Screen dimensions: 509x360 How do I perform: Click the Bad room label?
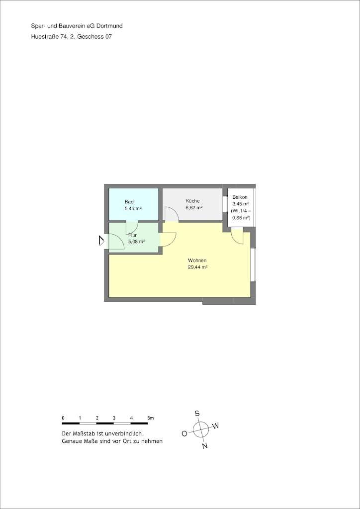tap(129, 202)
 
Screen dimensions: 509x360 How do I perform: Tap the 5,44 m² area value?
tap(133, 209)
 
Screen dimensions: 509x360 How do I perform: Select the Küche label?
tap(193, 201)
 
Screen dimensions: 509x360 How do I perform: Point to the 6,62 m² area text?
tap(194, 208)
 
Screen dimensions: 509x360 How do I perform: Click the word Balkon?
tap(240, 197)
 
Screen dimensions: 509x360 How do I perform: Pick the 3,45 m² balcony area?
tap(241, 204)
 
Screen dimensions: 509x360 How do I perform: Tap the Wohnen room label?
tap(197, 260)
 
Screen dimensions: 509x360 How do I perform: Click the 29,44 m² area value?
tap(197, 267)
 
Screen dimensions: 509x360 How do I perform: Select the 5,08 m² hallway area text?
tap(136, 242)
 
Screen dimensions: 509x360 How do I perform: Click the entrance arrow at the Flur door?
tap(101, 241)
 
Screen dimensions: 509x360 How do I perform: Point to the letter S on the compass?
tap(197, 413)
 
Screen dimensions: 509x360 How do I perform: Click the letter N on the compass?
tap(204, 446)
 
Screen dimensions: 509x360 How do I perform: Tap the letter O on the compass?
tap(184, 433)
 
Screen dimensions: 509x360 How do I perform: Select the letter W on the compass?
tap(216, 426)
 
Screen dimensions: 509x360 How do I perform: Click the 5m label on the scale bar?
tap(151, 418)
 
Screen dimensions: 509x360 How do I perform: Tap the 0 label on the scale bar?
tap(63, 418)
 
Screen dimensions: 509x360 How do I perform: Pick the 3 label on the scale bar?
tap(114, 418)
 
